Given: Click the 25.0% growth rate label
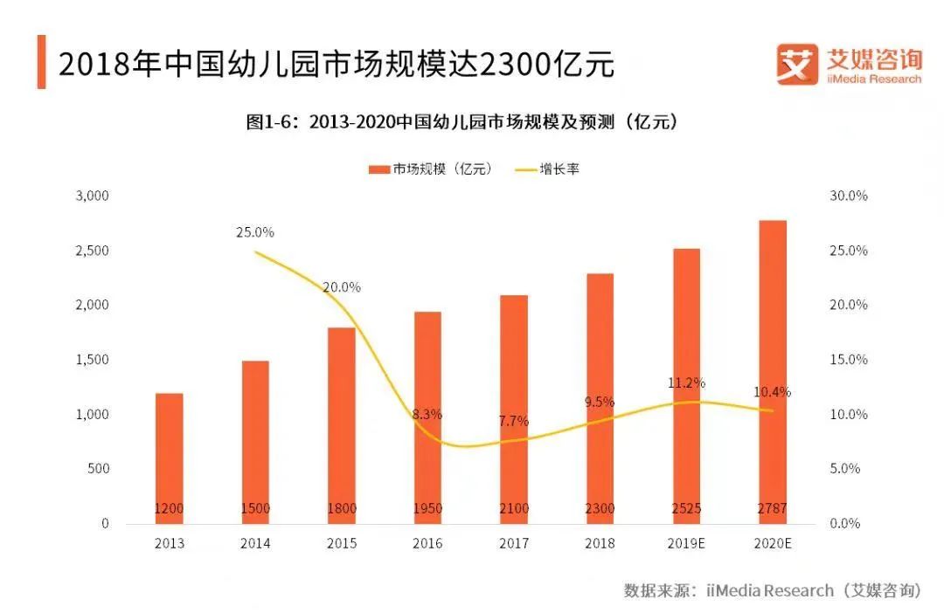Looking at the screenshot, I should (255, 232).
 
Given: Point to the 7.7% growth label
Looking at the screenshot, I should (513, 421).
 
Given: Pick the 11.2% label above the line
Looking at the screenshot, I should (687, 382).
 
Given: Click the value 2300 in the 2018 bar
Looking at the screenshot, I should (600, 508).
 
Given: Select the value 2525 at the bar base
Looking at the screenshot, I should (686, 508).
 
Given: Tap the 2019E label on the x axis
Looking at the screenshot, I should (686, 543).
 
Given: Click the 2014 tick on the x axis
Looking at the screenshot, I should (255, 543).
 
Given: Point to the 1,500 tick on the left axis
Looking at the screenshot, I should (92, 360).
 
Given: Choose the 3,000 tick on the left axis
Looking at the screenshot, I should (92, 196).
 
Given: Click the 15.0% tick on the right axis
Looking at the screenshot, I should (849, 360).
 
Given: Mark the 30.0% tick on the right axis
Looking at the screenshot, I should (849, 196).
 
